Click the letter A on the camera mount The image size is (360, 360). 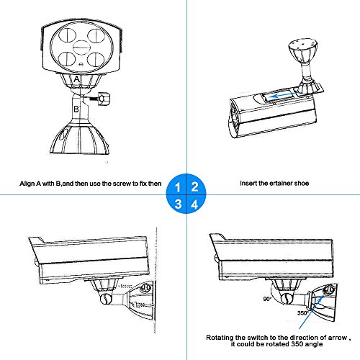tap(76, 79)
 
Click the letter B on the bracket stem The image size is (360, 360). tap(76, 109)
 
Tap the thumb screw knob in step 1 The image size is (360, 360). tap(104, 99)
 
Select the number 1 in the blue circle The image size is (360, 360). tap(177, 187)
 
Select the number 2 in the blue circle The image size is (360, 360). tap(194, 186)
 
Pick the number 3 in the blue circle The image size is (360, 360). tap(178, 204)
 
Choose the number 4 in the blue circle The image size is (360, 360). tap(194, 204)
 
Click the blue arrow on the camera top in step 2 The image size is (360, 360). tap(282, 96)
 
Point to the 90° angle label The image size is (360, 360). tap(267, 299)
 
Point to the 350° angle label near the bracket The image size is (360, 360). tap(302, 313)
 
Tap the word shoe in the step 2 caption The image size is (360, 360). tap(302, 184)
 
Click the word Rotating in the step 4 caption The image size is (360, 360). tap(220, 338)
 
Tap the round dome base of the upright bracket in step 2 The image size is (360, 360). tap(303, 50)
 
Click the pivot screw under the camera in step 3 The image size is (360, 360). tap(106, 298)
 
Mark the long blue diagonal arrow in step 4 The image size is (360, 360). tap(312, 311)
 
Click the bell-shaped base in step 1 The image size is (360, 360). tap(80, 138)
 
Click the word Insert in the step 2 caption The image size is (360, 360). tap(248, 183)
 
